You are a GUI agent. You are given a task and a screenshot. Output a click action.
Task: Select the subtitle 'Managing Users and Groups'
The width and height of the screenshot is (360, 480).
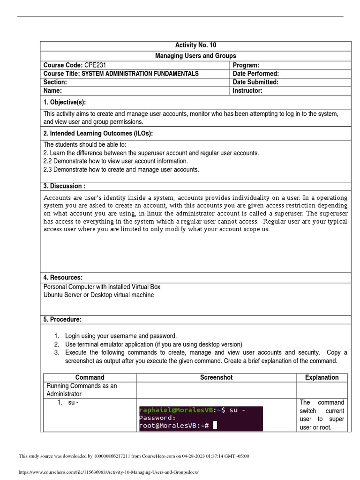195,56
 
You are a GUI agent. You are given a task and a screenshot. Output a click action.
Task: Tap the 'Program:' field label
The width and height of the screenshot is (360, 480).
246,65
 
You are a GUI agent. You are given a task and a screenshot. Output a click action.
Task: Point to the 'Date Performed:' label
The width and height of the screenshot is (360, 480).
256,74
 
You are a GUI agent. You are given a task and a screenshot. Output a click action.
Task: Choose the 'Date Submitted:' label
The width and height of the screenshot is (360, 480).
255,82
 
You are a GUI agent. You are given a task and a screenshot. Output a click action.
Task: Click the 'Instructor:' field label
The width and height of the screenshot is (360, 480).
247,91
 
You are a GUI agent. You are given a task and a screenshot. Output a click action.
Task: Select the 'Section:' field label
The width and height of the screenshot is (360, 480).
55,82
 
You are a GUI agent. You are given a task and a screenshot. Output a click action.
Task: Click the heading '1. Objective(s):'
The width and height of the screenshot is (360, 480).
65,103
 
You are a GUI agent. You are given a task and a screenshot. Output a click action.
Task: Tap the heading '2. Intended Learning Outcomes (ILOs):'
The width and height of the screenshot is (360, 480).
98,134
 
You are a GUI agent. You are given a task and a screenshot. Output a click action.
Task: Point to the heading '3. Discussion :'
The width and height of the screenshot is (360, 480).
64,186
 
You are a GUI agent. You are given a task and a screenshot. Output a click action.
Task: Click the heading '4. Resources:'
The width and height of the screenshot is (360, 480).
63,277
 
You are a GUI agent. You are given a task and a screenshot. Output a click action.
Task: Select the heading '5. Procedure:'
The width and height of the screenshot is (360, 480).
62,319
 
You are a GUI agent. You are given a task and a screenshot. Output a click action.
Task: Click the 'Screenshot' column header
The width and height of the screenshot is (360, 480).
216,377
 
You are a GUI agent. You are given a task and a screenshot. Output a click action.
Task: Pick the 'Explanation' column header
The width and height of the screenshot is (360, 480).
322,377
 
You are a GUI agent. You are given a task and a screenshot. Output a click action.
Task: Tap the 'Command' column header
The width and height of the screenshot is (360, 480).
90,377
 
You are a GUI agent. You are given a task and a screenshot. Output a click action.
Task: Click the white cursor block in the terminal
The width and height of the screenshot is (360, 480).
215,426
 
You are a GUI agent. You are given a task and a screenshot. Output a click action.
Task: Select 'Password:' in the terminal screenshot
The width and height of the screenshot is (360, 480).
157,418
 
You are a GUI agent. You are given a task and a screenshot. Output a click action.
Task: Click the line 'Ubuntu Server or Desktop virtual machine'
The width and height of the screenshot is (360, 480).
98,295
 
